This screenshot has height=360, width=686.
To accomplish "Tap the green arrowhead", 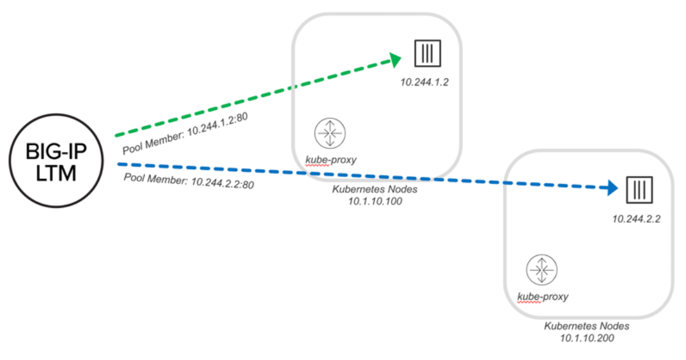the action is tap(395, 60).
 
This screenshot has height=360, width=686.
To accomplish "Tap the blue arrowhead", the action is tap(611, 188).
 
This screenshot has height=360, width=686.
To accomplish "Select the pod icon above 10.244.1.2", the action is tap(427, 53).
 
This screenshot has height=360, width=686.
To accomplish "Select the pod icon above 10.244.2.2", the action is tap(639, 190).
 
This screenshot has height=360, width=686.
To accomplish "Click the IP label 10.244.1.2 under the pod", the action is tap(424, 82).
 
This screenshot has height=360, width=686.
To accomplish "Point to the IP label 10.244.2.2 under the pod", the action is tap(636, 219).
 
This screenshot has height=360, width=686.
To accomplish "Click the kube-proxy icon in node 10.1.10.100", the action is tap(330, 133).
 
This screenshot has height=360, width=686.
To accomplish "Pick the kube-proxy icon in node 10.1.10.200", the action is tap(542, 270).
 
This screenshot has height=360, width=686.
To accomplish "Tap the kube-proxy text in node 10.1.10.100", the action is tap(331, 160).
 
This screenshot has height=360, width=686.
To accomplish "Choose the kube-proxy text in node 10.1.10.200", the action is tap(543, 297).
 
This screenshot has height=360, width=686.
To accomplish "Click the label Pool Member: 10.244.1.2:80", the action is tap(185, 133).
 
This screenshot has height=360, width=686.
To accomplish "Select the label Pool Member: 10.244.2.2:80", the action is tap(189, 181).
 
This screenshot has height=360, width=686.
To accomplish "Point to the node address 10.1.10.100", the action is tap(375, 201).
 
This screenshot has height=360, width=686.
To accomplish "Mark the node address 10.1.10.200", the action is tap(586, 337).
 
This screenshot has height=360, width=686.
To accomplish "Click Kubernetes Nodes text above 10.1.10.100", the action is tap(375, 190).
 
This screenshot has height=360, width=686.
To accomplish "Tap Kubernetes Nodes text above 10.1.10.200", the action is tap(586, 326).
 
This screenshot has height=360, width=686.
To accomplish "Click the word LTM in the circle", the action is tap(56, 173).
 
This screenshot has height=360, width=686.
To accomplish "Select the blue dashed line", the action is tap(368, 176).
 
